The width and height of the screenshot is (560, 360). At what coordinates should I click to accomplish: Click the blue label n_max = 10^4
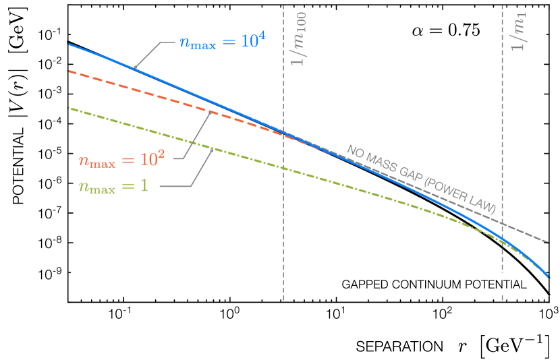(x=222, y=42)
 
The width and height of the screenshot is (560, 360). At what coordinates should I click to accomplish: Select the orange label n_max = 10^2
(x=121, y=160)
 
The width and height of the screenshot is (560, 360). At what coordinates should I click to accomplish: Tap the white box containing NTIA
(x=505, y=284)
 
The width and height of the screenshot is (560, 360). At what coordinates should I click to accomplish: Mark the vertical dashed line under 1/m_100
(x=283, y=236)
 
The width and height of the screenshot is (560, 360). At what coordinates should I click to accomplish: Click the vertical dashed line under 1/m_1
(x=503, y=135)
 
